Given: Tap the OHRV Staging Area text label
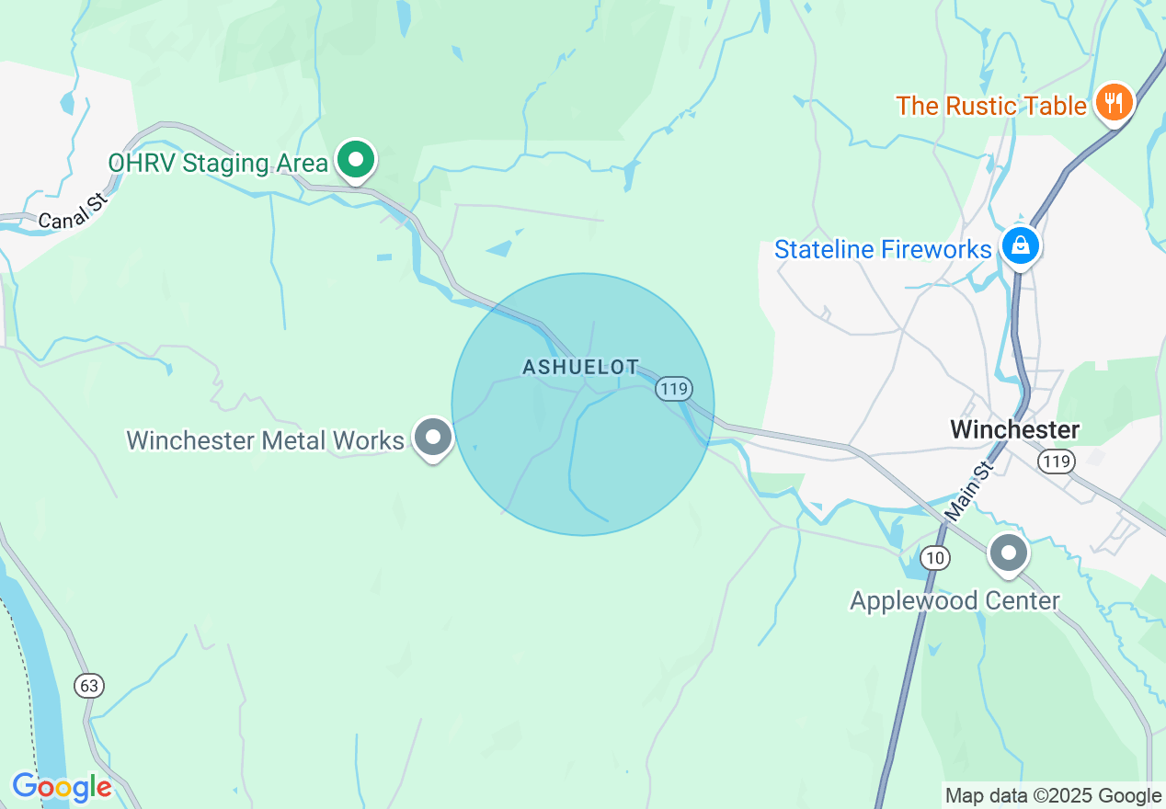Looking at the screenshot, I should [218, 164].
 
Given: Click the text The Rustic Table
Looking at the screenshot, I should [991, 106].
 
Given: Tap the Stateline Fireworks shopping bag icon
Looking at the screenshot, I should [1020, 245].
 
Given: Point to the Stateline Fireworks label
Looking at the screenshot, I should [883, 249].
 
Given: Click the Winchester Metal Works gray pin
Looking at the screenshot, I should [432, 438].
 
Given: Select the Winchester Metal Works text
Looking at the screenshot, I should [265, 440].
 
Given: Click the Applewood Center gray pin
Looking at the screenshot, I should [1008, 554].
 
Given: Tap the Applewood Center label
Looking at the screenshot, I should [955, 601].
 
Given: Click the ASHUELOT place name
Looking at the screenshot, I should [580, 368].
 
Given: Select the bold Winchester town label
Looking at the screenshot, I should [1014, 429].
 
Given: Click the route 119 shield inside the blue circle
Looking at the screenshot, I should [673, 389].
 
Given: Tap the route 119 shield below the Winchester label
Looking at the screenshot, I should [1057, 461].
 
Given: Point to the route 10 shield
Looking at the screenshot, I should [935, 557].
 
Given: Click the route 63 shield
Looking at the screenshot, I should [89, 686].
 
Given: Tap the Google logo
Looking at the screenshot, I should [62, 787].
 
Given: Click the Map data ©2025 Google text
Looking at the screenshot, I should [1053, 795].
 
